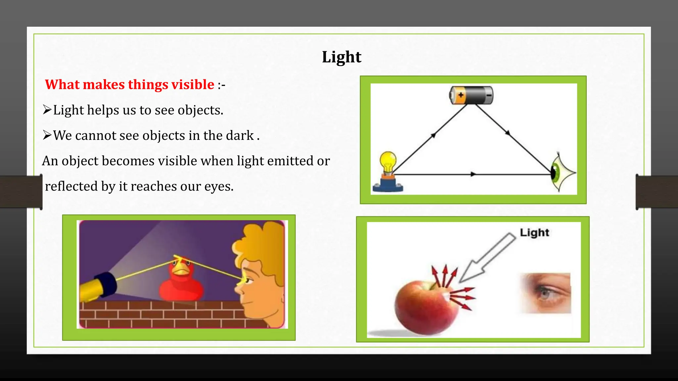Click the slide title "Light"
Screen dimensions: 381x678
(341, 57)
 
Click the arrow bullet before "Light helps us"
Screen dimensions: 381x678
(47, 110)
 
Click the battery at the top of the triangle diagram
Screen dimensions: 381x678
(471, 95)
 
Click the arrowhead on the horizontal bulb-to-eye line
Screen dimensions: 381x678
(473, 174)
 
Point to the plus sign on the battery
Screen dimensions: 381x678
(460, 95)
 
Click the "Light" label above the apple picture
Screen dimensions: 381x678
(534, 233)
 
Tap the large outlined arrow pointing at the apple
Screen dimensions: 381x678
(487, 258)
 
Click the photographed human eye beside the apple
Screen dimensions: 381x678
(546, 293)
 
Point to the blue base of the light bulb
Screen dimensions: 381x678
(388, 185)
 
